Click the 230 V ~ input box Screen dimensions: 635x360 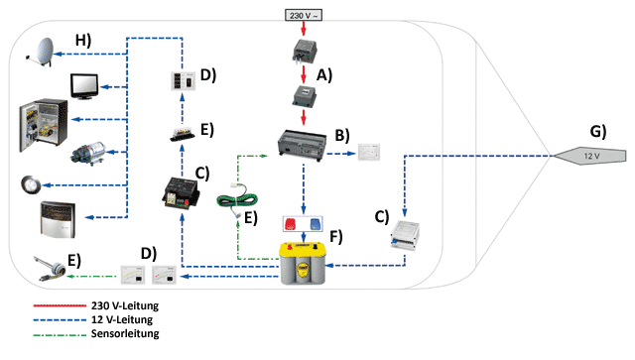[304, 16]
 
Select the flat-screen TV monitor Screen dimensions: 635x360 [84, 86]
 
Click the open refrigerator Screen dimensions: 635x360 [44, 125]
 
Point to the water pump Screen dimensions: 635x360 [88, 153]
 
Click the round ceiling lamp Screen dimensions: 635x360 [31, 185]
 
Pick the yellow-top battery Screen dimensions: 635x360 [303, 263]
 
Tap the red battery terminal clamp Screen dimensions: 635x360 [291, 224]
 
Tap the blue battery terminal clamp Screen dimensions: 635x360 [316, 224]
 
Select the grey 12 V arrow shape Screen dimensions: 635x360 [589, 156]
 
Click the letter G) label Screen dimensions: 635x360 [597, 131]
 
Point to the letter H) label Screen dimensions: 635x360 [83, 40]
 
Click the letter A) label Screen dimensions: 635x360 [324, 75]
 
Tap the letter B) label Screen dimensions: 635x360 [342, 135]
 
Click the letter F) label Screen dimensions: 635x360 [336, 236]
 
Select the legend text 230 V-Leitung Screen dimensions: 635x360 [125, 305]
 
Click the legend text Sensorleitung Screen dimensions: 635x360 [125, 333]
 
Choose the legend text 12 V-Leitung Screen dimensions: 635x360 [122, 319]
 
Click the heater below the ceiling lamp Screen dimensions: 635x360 [58, 218]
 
